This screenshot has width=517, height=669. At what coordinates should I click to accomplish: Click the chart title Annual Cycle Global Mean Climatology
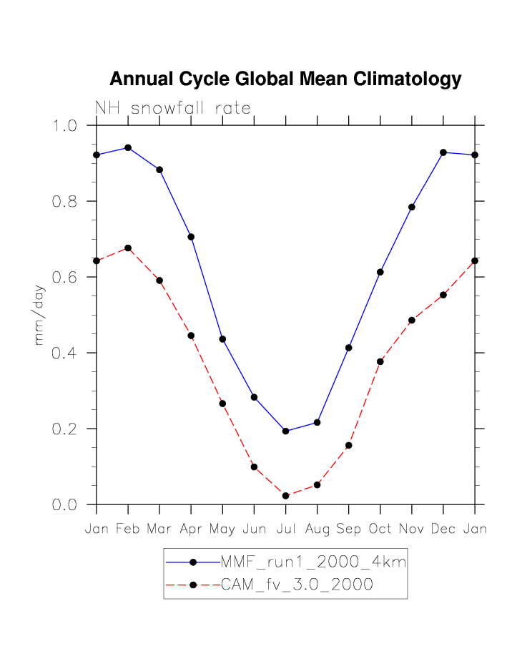285,79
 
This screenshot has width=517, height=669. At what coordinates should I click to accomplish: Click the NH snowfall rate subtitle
173,109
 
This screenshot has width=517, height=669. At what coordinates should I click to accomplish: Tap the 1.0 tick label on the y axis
66,126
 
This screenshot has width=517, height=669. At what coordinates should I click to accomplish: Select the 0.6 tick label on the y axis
66,278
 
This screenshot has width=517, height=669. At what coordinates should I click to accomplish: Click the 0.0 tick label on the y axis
66,505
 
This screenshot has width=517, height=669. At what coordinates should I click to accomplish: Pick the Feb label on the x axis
128,529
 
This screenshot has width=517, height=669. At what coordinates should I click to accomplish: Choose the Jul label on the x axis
285,529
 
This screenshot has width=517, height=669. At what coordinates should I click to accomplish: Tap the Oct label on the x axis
380,529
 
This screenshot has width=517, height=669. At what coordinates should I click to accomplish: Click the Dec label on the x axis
443,529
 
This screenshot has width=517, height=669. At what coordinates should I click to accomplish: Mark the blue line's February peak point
128,147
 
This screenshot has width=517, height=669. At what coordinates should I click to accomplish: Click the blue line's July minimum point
285,431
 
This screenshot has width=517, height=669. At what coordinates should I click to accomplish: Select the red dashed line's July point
285,496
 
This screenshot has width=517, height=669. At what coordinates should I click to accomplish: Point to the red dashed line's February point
128,248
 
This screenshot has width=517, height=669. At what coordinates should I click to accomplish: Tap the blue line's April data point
191,237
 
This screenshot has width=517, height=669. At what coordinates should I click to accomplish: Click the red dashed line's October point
380,361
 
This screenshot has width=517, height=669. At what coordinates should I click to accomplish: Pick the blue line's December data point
443,152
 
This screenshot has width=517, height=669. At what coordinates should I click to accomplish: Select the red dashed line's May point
222,404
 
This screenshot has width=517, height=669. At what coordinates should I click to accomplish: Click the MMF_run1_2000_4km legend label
313,562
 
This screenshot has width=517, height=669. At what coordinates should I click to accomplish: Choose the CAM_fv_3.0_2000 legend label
297,585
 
